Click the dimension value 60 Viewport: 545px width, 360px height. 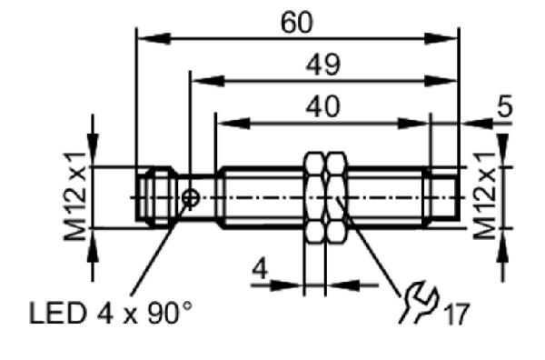(x=296, y=23)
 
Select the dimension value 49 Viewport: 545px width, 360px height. (x=323, y=65)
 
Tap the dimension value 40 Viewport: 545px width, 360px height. (x=322, y=106)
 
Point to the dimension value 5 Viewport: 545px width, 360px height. (x=505, y=105)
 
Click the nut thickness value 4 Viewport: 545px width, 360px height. (x=261, y=268)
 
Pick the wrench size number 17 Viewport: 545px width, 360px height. (x=456, y=314)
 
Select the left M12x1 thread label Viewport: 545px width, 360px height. (x=75, y=196)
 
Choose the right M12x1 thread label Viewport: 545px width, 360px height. (x=484, y=195)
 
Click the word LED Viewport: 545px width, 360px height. (x=57, y=313)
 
